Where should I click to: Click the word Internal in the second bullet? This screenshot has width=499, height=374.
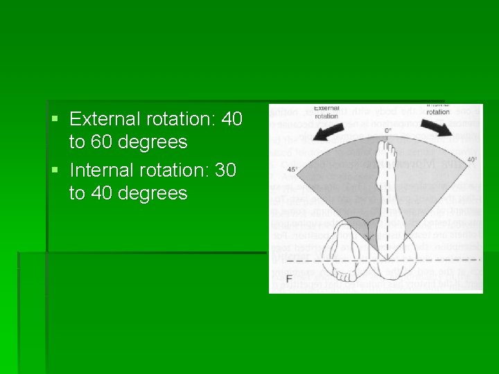pyautogui.click(x=101, y=170)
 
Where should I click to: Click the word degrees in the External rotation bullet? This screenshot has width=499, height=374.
pyautogui.click(x=153, y=143)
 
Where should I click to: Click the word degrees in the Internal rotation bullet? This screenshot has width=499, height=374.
pyautogui.click(x=153, y=193)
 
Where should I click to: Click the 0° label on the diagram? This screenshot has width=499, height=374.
pyautogui.click(x=387, y=131)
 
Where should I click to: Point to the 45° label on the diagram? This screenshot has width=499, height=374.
pyautogui.click(x=292, y=168)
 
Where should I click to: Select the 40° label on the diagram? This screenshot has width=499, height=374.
pyautogui.click(x=472, y=160)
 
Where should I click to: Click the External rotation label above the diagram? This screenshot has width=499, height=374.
pyautogui.click(x=326, y=112)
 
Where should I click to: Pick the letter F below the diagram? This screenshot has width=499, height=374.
pyautogui.click(x=289, y=279)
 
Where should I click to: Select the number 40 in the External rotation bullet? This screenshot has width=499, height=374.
pyautogui.click(x=231, y=120)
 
